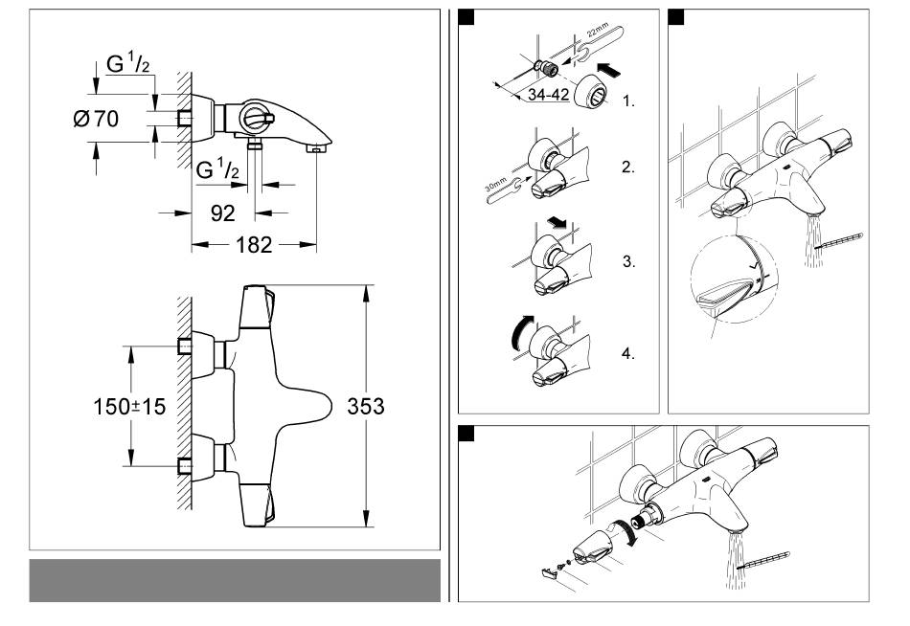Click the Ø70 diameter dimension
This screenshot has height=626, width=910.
point(96,121)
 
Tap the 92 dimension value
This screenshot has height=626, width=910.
point(223,214)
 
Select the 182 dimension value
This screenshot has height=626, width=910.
point(254,245)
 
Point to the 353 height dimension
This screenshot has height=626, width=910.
point(365,406)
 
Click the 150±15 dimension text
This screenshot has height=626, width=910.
point(122,407)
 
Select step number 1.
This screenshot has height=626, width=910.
point(627,100)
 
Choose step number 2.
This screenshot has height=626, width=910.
point(627,167)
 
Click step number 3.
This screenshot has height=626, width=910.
point(627,260)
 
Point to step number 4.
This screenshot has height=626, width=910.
point(627,353)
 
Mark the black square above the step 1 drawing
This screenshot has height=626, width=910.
point(466,16)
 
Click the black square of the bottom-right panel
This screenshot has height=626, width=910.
point(466,433)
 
